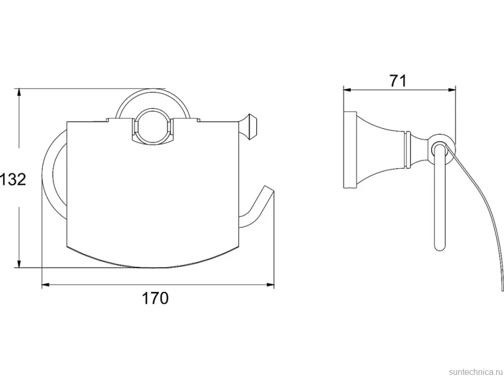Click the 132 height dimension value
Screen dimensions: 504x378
pos(13,179)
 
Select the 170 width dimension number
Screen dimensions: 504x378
pos(155,299)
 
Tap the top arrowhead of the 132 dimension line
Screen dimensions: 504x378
pos(19,92)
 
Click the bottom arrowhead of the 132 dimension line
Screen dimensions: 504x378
pos(19,263)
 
